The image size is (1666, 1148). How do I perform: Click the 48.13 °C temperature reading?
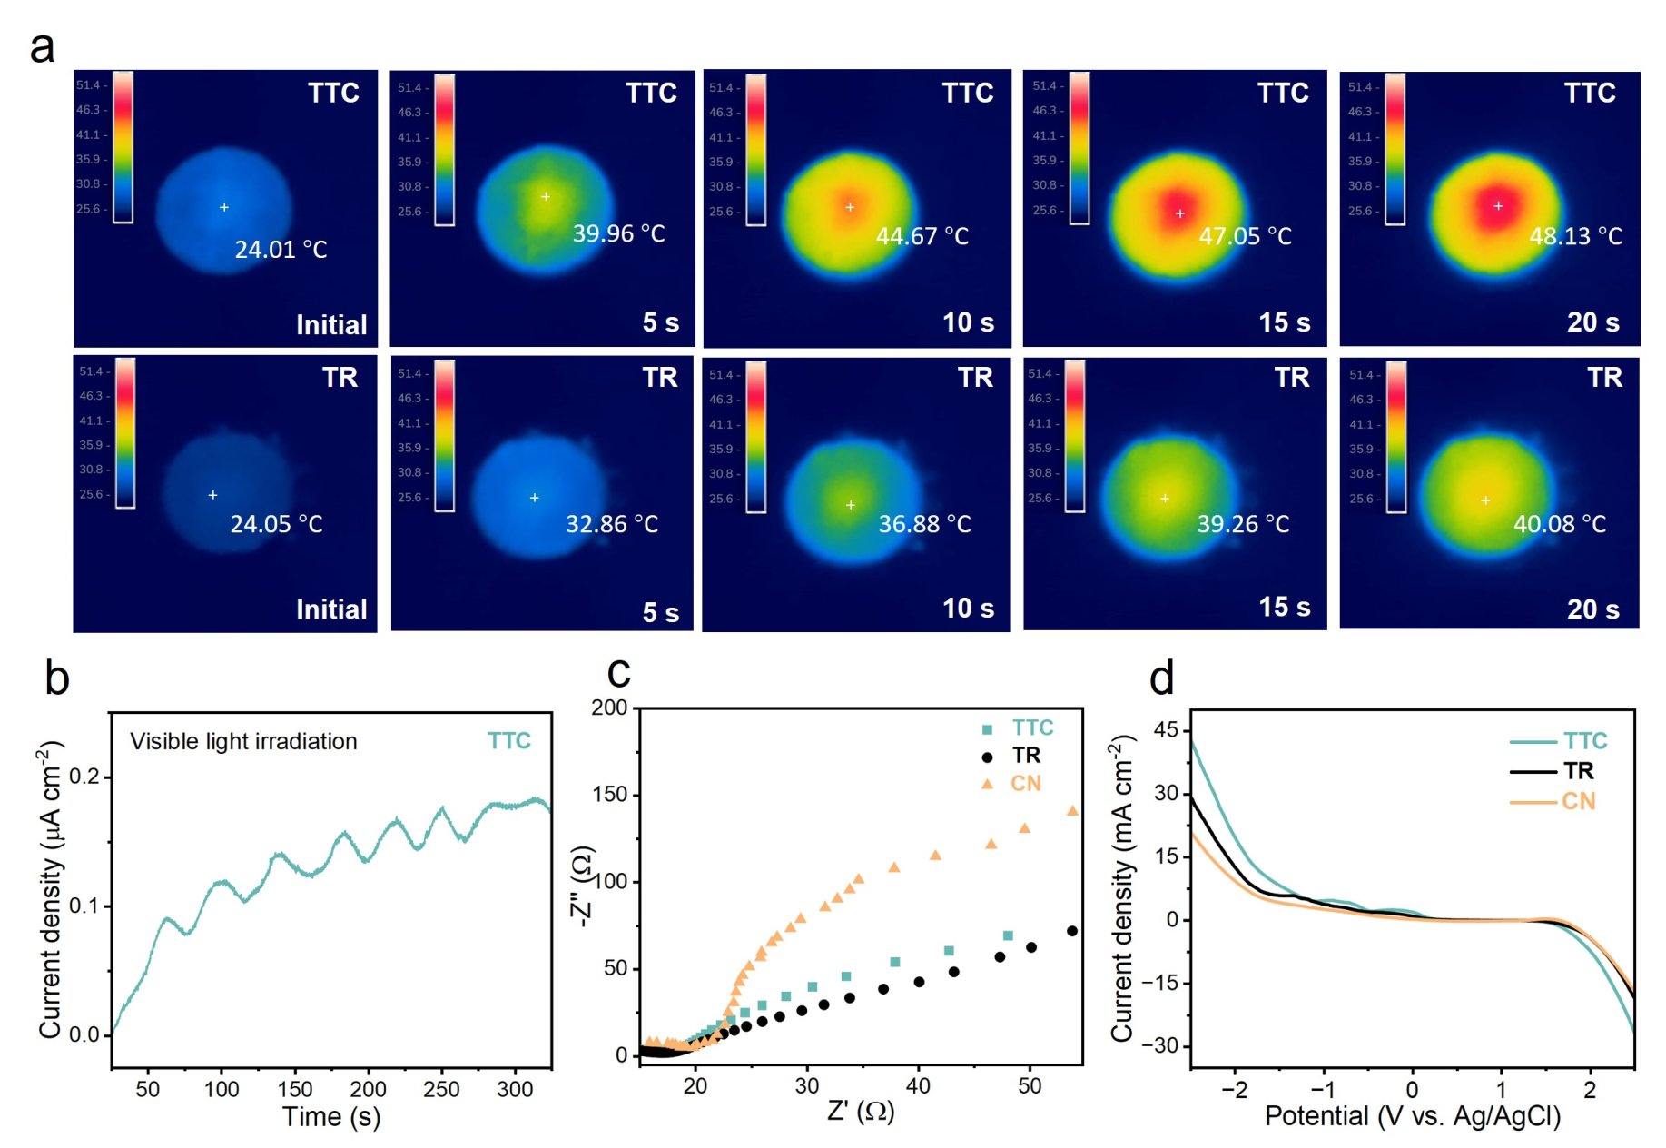click(x=1574, y=236)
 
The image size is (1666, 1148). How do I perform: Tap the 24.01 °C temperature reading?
click(x=281, y=250)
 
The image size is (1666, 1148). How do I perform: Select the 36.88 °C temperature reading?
click(x=924, y=524)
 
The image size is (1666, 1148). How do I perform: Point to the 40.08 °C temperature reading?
click(x=1559, y=524)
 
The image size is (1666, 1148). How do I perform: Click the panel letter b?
click(x=56, y=678)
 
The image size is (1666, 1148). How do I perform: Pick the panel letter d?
click(x=1161, y=678)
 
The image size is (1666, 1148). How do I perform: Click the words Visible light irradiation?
click(x=243, y=742)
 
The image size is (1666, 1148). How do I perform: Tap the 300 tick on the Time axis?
click(x=515, y=1089)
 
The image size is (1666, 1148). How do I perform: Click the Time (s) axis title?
click(x=330, y=1117)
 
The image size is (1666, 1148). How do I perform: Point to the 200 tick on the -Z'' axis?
click(x=609, y=708)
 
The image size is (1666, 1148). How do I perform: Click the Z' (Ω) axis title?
click(x=861, y=1111)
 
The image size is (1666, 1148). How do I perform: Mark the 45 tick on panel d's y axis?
click(x=1165, y=730)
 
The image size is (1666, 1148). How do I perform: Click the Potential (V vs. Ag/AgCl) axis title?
click(x=1412, y=1116)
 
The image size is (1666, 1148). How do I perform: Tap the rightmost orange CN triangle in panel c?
click(x=1072, y=810)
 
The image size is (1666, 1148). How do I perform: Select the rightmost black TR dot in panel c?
click(x=1072, y=931)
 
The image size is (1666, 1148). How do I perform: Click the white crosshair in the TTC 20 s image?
click(x=1498, y=206)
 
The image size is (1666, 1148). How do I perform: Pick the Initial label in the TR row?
click(x=331, y=609)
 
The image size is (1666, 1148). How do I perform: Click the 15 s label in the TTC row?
click(x=1284, y=322)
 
